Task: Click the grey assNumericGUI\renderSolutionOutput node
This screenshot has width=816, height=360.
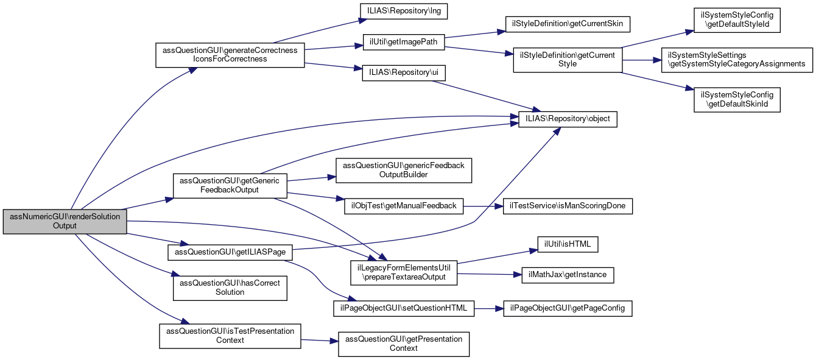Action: (65, 221)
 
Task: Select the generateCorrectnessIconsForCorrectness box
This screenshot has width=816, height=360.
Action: (230, 55)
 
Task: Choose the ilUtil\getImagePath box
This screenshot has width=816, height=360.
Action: (404, 42)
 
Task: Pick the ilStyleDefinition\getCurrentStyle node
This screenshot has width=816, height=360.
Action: (567, 60)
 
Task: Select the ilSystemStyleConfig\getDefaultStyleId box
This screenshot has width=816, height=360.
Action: (737, 21)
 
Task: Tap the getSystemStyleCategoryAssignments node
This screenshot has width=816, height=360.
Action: (737, 60)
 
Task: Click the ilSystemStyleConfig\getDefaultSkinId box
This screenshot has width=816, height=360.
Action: (737, 99)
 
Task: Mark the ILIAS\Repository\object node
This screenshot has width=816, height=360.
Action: (568, 118)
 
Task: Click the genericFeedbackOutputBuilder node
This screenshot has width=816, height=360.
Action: (404, 171)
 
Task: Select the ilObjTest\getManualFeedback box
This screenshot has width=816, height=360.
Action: (404, 206)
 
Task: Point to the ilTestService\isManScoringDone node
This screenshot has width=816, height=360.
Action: (567, 206)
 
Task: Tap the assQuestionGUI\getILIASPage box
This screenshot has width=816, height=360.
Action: (230, 251)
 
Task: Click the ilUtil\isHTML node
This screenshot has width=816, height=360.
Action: (567, 244)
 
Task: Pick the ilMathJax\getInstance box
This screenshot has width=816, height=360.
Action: (567, 275)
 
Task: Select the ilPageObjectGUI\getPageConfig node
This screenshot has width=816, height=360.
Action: (567, 308)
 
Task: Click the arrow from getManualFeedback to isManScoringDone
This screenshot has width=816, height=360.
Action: (482, 206)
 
